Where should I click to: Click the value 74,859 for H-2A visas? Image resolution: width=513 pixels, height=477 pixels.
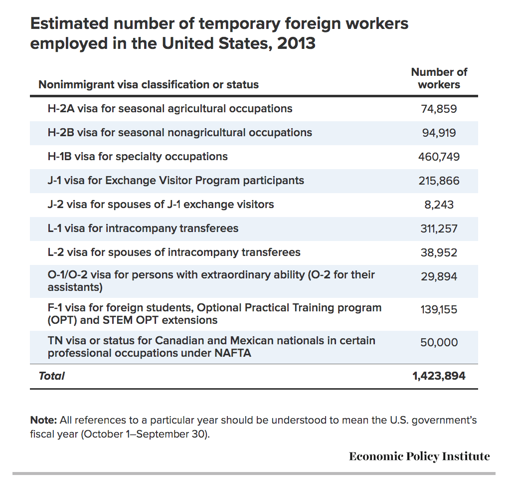click(439, 109)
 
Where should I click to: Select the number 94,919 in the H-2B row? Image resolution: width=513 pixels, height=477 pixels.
click(439, 133)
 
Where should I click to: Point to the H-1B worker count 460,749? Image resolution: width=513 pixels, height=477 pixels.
click(439, 157)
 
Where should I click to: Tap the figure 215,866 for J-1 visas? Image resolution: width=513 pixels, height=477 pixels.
click(439, 181)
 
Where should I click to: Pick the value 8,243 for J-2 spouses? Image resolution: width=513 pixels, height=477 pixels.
click(439, 205)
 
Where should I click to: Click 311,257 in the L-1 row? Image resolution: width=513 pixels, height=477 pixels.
click(439, 229)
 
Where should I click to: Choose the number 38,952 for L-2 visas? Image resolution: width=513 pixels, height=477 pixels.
click(439, 252)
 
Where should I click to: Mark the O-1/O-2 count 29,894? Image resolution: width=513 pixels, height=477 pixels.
click(439, 276)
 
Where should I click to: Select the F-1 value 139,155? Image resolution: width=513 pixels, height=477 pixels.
click(439, 309)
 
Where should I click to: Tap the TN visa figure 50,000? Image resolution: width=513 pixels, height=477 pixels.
click(439, 342)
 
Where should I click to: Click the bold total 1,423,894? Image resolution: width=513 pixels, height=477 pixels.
click(439, 376)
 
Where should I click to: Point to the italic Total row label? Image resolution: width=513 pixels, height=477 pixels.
click(52, 376)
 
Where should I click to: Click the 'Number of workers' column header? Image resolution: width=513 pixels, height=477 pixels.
click(439, 78)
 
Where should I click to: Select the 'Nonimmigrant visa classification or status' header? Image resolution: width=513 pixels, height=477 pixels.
click(149, 85)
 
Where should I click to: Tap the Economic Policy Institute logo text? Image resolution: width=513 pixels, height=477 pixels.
click(419, 456)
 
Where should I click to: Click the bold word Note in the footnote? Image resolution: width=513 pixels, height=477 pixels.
click(43, 420)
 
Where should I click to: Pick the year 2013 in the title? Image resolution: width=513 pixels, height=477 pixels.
click(297, 43)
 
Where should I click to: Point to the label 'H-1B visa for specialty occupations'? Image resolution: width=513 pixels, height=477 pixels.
click(138, 157)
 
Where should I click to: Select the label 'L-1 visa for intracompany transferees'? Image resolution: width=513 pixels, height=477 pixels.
click(143, 228)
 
